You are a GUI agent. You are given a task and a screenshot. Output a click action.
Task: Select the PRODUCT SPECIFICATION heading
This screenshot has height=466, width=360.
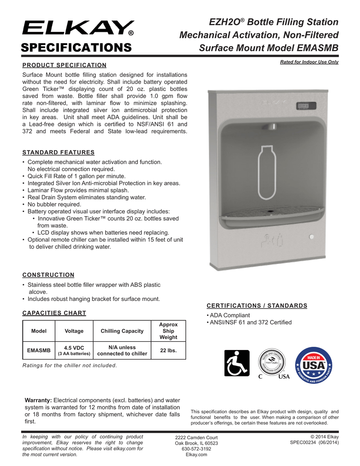pos(64,65)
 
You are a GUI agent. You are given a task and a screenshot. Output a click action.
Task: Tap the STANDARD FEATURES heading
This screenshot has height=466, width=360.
pos(58,152)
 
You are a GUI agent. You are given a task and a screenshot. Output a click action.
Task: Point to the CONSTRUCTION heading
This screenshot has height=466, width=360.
pos(48,275)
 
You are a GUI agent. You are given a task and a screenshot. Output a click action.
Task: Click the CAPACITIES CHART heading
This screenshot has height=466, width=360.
pos(54,313)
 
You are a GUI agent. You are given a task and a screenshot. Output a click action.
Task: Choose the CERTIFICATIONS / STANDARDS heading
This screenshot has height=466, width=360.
pos(257,305)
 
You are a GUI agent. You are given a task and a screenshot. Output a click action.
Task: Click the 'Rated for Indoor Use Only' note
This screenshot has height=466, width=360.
pos(309,62)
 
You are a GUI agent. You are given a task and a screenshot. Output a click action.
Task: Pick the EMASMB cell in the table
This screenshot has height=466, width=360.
pos(39,350)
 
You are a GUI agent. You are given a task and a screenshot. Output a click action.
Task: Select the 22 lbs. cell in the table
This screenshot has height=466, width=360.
pos(168,350)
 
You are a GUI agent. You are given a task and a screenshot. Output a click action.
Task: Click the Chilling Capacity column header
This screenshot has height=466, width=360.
pos(122,331)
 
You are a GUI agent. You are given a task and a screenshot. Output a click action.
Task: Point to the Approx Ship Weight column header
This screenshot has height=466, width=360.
pos(168,331)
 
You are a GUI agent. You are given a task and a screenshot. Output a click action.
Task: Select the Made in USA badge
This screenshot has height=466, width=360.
pos(314,364)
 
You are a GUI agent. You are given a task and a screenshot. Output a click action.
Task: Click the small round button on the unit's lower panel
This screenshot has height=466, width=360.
pos(311,237)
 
